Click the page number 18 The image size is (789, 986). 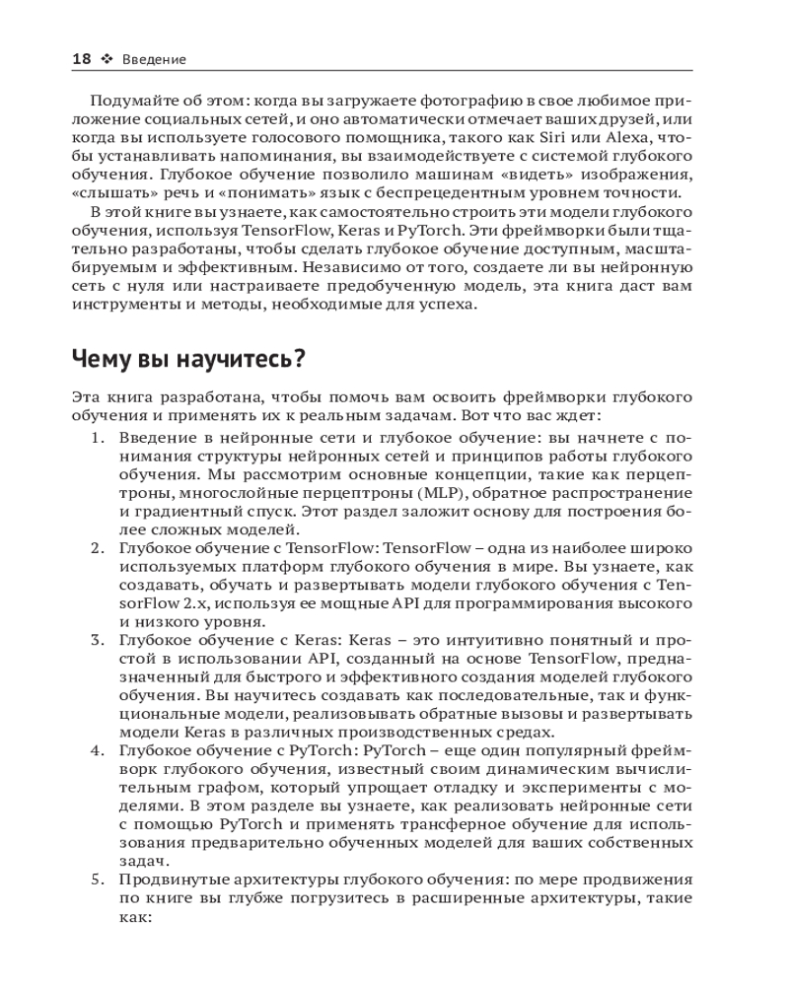click(82, 59)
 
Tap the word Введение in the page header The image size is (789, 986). click(154, 60)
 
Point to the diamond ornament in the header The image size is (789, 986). click(107, 59)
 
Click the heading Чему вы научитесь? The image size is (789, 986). click(188, 361)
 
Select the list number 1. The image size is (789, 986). click(98, 439)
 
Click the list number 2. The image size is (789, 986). click(98, 548)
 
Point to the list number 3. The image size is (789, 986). click(98, 640)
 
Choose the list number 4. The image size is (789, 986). click(98, 750)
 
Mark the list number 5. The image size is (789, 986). click(98, 879)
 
